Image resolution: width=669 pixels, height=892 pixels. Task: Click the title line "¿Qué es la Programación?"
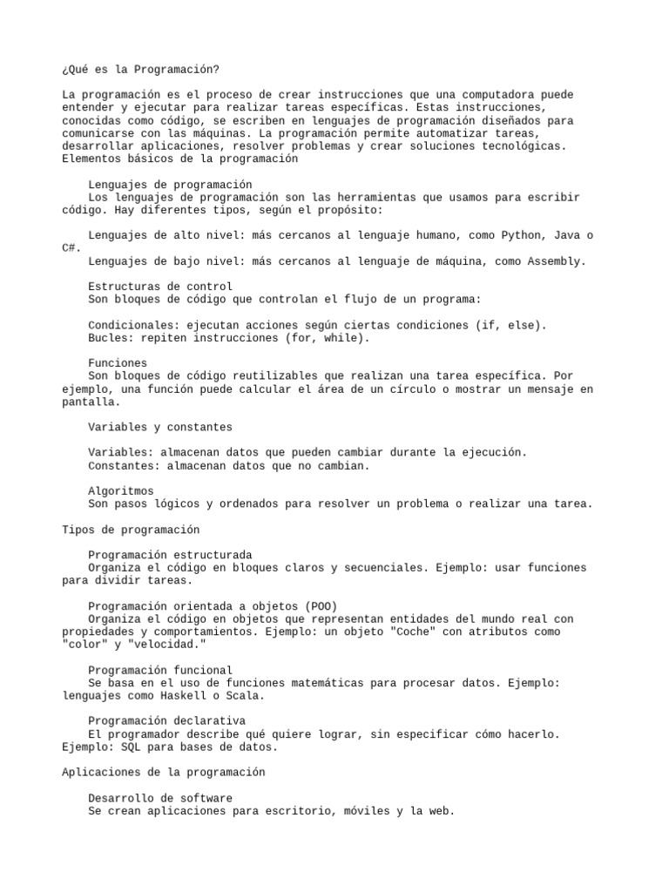pos(136,69)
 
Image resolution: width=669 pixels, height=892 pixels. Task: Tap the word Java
pos(568,235)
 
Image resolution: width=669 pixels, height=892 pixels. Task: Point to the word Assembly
pos(555,260)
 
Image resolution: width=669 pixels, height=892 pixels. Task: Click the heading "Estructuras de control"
pos(160,287)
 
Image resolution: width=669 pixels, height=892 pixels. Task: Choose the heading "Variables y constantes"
pos(160,428)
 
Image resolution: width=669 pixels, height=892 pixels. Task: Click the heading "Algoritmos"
pos(121,491)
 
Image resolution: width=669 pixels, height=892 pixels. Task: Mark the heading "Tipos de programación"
pos(131,530)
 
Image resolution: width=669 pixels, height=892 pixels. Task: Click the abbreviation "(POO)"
pos(321,606)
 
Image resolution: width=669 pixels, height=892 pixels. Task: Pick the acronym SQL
pos(138,747)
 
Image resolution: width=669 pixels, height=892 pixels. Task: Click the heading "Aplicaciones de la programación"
pos(164,773)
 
